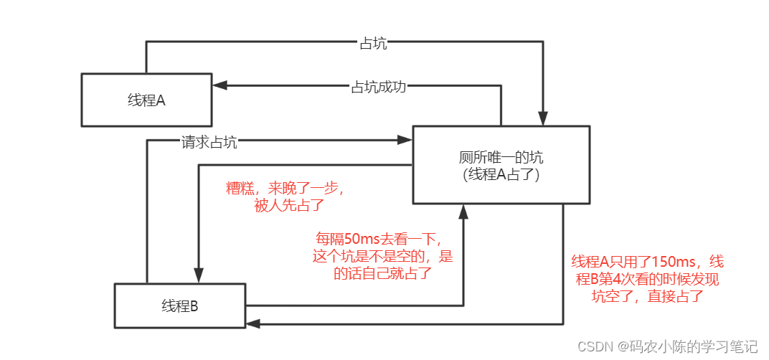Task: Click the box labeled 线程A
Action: (x=146, y=100)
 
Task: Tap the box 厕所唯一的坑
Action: (x=501, y=165)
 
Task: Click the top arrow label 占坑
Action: (x=372, y=43)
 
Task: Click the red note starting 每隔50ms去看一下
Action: (x=384, y=255)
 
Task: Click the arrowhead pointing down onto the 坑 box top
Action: (x=544, y=120)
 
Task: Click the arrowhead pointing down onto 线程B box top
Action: (x=196, y=277)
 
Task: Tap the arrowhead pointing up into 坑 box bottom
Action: (x=463, y=211)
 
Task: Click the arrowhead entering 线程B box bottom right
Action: (x=253, y=325)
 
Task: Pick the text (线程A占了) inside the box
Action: (x=501, y=173)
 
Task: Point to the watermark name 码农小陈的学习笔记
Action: (x=693, y=346)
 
